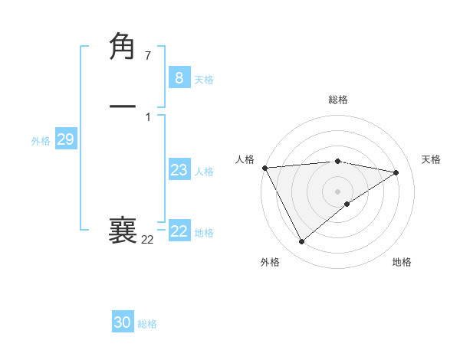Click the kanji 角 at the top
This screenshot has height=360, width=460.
click(123, 47)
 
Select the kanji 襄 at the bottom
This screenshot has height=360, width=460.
click(123, 231)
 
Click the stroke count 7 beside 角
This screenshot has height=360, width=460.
click(148, 55)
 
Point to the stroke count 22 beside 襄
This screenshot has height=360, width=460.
click(147, 240)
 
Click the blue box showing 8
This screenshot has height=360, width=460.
click(179, 78)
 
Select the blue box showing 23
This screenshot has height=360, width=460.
click(179, 171)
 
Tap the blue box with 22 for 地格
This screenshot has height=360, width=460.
click(179, 231)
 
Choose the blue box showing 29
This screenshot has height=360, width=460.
click(65, 139)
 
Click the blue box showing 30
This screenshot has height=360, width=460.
click(123, 322)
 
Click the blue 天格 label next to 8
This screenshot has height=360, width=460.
click(204, 80)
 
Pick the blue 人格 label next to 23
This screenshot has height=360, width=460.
click(204, 172)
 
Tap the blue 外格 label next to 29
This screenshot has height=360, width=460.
click(41, 141)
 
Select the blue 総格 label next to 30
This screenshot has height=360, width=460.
click(147, 324)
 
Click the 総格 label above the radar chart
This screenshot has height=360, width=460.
click(338, 100)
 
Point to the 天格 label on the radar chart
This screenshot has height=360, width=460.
click(431, 159)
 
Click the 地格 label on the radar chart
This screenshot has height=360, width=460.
click(402, 262)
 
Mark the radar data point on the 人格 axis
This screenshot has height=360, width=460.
click(264, 168)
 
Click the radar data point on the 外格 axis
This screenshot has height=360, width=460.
click(301, 242)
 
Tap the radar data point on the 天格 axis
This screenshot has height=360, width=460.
click(396, 172)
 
